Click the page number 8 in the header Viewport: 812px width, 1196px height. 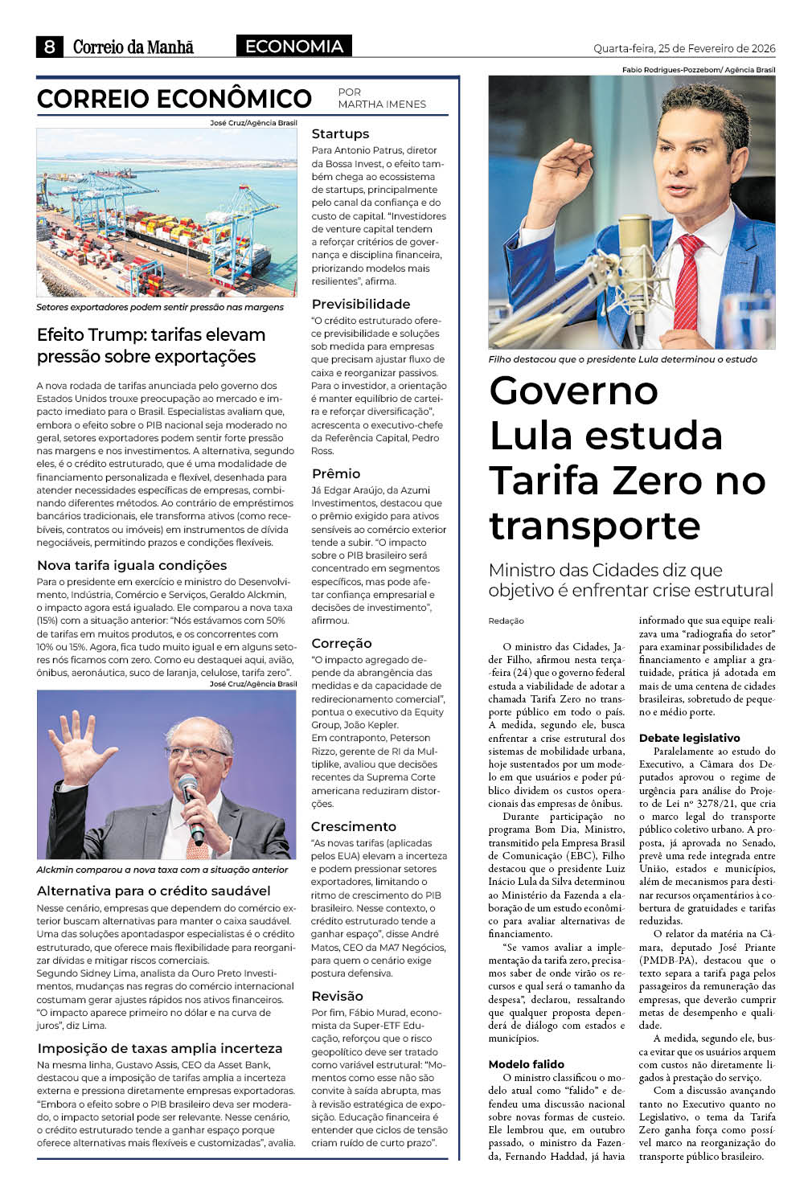pyautogui.click(x=49, y=47)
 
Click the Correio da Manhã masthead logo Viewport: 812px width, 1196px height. pyautogui.click(x=133, y=47)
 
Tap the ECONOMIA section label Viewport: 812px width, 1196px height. pyautogui.click(x=294, y=47)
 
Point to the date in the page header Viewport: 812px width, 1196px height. pyautogui.click(x=684, y=48)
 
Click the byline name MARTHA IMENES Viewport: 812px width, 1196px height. pyautogui.click(x=382, y=104)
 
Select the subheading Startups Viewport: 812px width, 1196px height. pyautogui.click(x=340, y=134)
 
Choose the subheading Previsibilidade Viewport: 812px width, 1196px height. pyautogui.click(x=361, y=305)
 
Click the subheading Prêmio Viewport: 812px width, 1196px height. pyautogui.click(x=336, y=474)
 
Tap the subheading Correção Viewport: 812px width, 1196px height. pyautogui.click(x=342, y=644)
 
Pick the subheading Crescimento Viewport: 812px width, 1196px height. pyautogui.click(x=354, y=827)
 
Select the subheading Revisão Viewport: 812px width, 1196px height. pyautogui.click(x=338, y=997)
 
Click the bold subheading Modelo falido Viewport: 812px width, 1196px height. pyautogui.click(x=527, y=1064)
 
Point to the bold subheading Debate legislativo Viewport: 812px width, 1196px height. pyautogui.click(x=689, y=738)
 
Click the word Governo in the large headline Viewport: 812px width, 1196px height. pyautogui.click(x=574, y=391)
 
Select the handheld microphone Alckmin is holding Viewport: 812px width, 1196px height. pyautogui.click(x=191, y=804)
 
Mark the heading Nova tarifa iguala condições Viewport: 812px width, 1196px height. pyautogui.click(x=132, y=566)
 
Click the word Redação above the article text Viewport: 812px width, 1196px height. pyautogui.click(x=506, y=621)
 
